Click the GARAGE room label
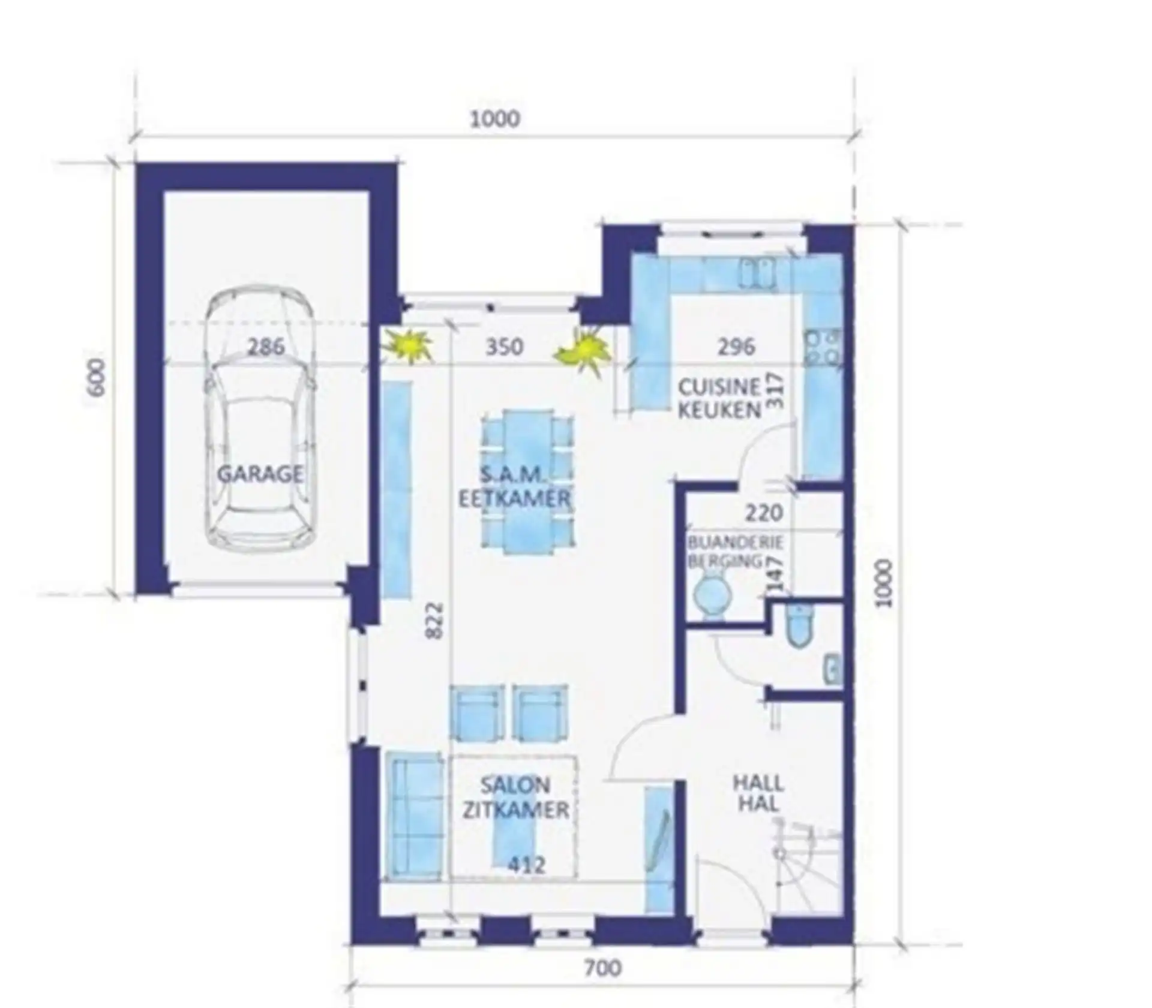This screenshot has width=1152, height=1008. click(x=260, y=474)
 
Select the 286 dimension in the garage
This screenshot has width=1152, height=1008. click(x=266, y=347)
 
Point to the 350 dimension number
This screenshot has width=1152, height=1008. click(x=504, y=347)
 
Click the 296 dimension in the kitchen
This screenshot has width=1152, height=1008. click(x=736, y=347)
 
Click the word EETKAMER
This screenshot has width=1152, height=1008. click(x=514, y=499)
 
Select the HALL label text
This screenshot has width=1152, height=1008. click(x=758, y=783)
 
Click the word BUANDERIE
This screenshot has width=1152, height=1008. click(x=736, y=543)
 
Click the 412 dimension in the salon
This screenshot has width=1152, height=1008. click(x=527, y=865)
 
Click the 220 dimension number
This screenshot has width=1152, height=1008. click(x=764, y=513)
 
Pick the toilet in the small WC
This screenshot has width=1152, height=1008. click(x=799, y=625)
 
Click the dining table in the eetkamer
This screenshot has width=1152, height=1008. click(x=528, y=482)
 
